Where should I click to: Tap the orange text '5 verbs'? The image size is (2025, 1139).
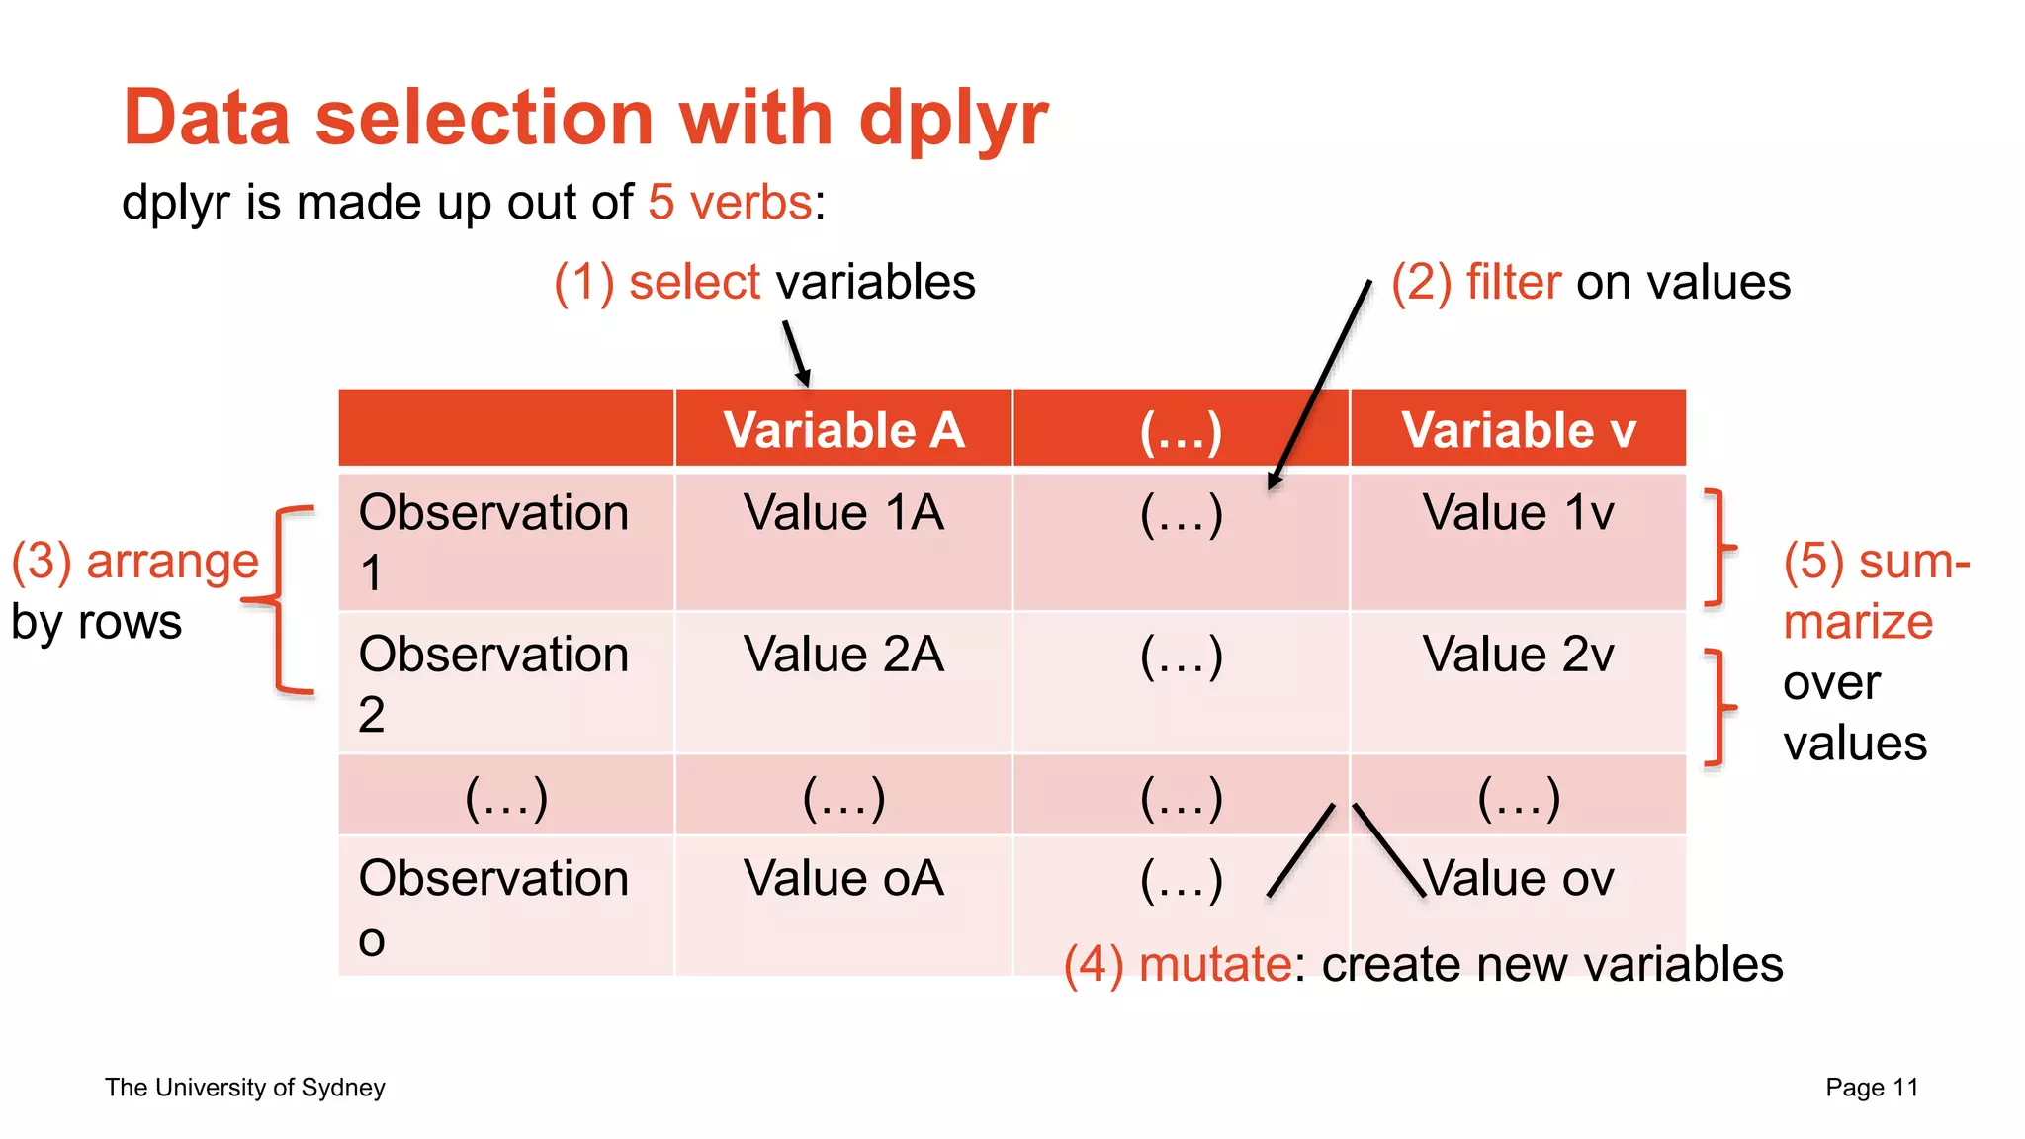point(731,203)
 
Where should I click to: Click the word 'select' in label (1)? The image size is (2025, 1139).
point(694,282)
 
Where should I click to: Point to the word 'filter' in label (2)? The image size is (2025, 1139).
point(1513,282)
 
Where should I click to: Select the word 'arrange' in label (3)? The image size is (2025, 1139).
point(172,561)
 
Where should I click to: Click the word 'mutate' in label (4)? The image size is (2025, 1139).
point(1214,964)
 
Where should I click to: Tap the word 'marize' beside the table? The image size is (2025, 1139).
point(1857,622)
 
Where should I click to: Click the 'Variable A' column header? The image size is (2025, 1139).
point(843,430)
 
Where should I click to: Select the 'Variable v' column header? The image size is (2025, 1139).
point(1519,430)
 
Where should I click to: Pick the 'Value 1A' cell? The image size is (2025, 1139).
point(843,513)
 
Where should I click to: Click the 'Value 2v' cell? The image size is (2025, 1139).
point(1519,655)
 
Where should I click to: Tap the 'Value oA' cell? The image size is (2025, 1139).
point(843,878)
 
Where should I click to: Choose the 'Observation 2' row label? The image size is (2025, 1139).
point(493,682)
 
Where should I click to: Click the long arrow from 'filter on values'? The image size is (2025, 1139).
point(1320,386)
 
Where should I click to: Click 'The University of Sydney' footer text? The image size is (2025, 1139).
point(245,1088)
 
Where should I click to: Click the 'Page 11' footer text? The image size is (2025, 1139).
point(1871,1088)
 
